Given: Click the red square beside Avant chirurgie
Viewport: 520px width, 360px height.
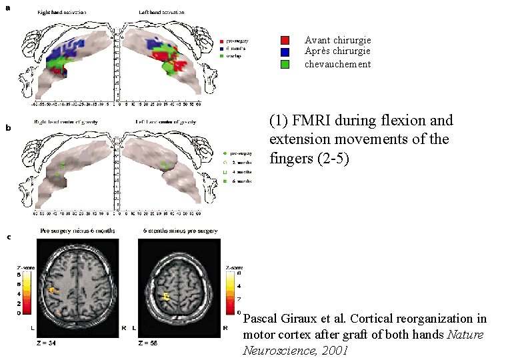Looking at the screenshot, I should point(285,40).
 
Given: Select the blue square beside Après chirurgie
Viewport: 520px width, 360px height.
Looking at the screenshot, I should point(285,51).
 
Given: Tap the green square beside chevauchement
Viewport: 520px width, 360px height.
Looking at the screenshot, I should point(285,64).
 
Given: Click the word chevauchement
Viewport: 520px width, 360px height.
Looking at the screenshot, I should point(337,64).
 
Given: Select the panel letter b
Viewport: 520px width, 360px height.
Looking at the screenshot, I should point(9,127).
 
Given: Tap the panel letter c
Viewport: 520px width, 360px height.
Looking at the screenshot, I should point(9,237).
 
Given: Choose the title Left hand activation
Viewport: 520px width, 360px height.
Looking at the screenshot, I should point(159,11).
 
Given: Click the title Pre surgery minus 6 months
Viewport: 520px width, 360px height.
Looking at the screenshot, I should point(78,231).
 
